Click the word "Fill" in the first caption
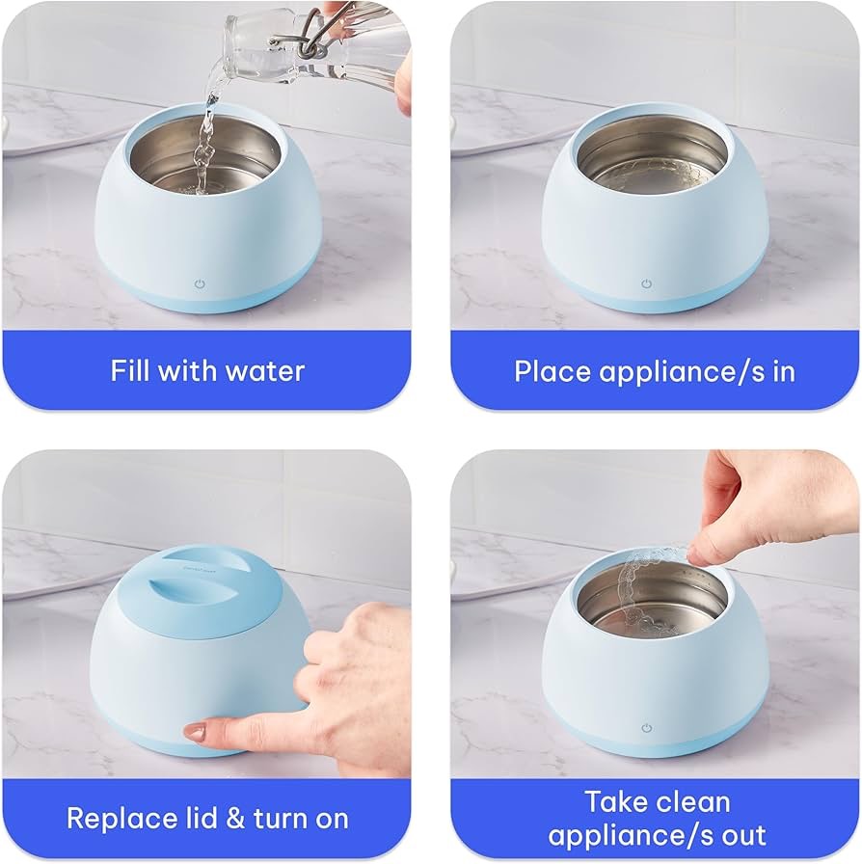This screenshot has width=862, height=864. (130, 370)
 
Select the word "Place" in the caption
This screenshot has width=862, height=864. (552, 371)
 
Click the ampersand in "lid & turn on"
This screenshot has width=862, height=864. (235, 819)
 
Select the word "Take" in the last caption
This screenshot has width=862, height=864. (615, 801)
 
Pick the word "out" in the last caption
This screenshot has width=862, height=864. (743, 836)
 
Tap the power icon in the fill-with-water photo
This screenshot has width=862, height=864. (200, 284)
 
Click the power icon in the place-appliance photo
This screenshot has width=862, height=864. (646, 283)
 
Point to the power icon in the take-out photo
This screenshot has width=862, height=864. (646, 728)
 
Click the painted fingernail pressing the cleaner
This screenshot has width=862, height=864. (195, 732)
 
